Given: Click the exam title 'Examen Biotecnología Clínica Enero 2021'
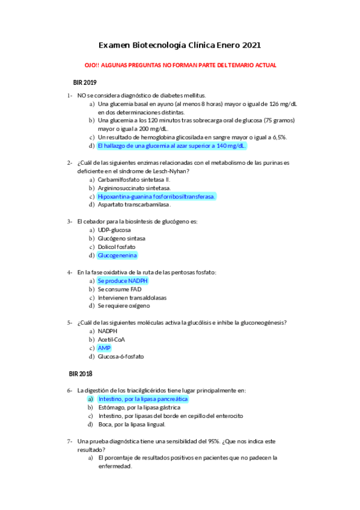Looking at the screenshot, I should pyautogui.click(x=180, y=45).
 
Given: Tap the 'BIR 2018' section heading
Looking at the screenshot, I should pyautogui.click(x=81, y=373).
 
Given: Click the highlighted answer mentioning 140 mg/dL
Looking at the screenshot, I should pyautogui.click(x=172, y=146).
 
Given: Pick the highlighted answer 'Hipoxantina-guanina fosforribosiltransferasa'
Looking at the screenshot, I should pyautogui.click(x=156, y=196).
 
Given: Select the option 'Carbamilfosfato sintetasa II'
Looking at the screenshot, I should pyautogui.click(x=134, y=179).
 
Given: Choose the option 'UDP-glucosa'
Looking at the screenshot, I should pyautogui.click(x=114, y=230).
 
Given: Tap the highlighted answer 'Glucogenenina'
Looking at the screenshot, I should pyautogui.click(x=117, y=255).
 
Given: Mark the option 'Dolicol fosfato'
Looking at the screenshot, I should pyautogui.click(x=117, y=247).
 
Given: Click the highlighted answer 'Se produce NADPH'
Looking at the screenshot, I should pyautogui.click(x=123, y=280).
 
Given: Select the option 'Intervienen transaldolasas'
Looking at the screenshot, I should pyautogui.click(x=132, y=297).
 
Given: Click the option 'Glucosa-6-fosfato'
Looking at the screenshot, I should pyautogui.click(x=121, y=356).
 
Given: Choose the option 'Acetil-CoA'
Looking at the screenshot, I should pyautogui.click(x=112, y=339).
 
